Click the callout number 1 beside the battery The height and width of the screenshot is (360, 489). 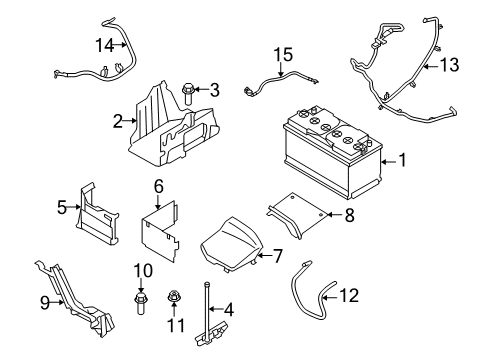402,160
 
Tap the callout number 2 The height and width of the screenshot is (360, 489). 118,121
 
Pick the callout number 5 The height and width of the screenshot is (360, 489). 61,208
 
